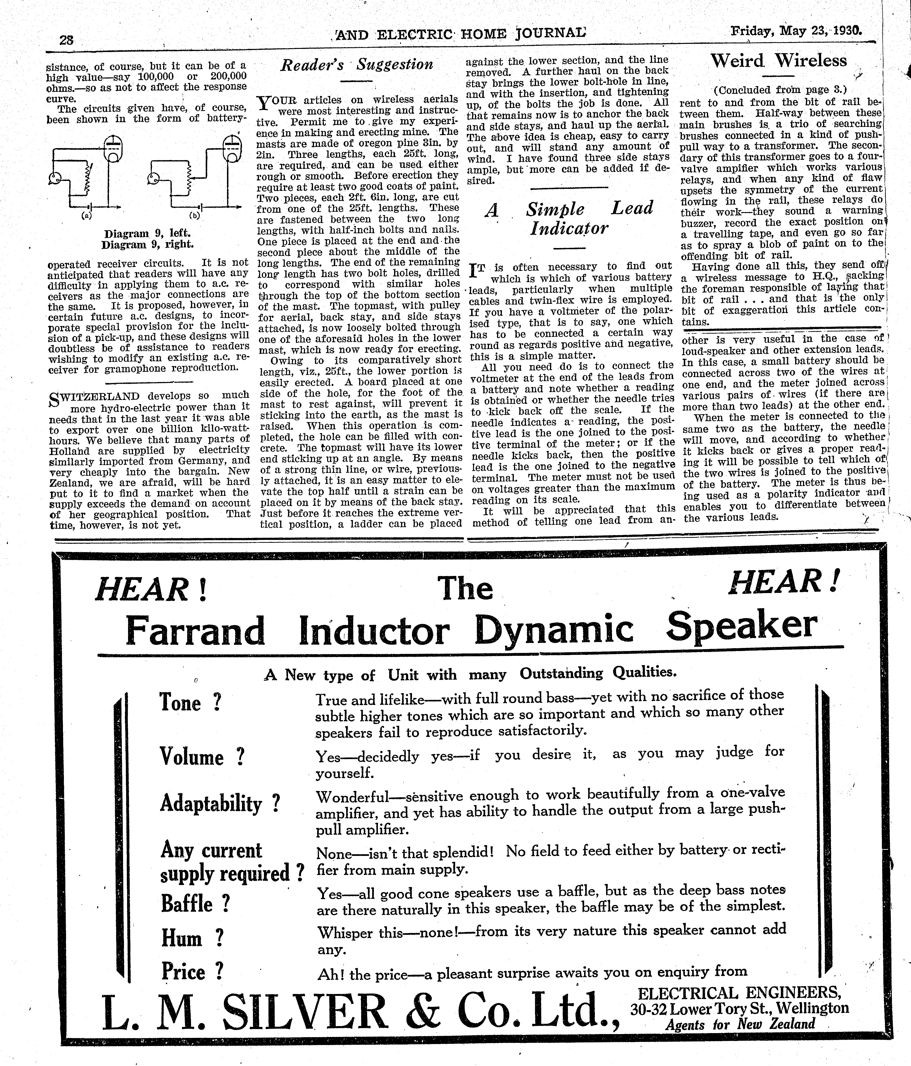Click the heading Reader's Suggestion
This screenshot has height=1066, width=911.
coord(356,65)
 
